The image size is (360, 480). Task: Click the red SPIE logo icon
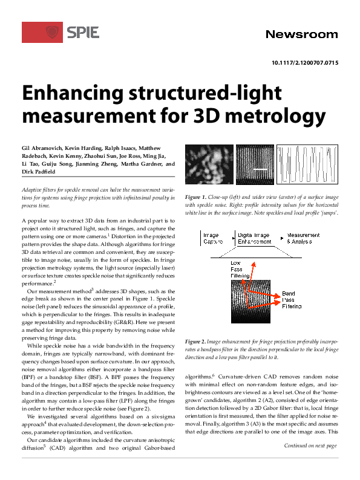[x=53, y=32]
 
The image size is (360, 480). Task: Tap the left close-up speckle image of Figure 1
[x=208, y=165]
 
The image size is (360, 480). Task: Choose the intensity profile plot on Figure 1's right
[x=307, y=165]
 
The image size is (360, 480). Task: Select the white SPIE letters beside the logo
[x=83, y=33]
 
